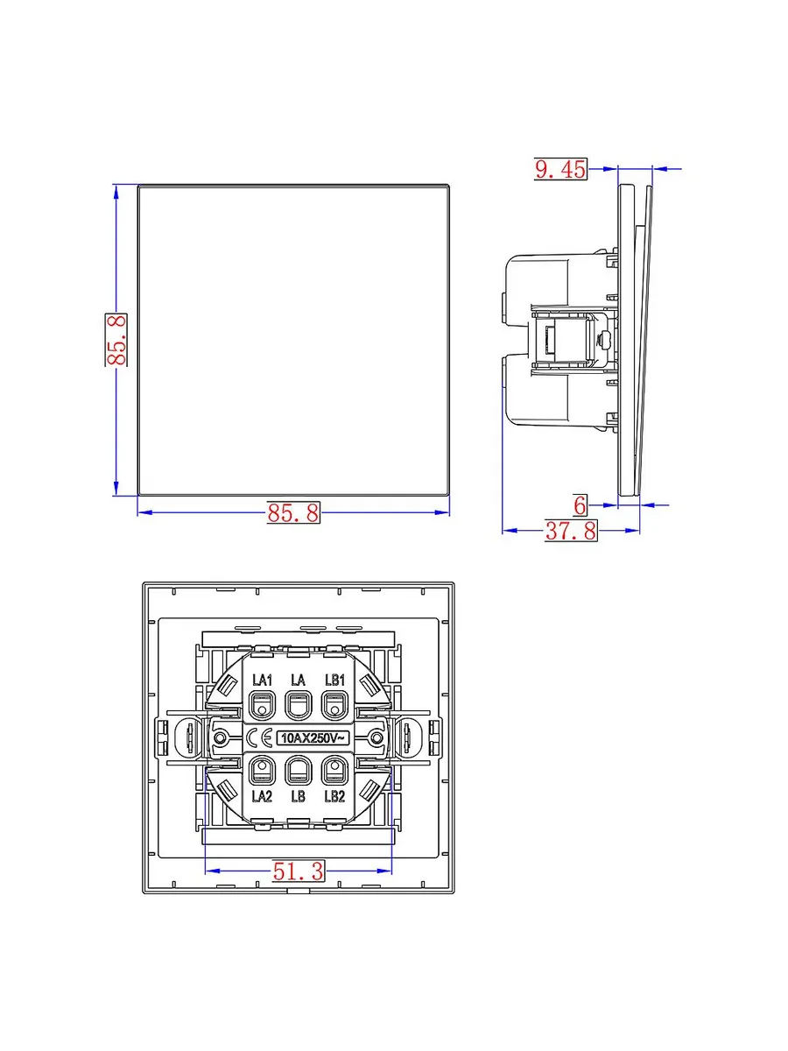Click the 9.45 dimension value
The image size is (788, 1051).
click(560, 170)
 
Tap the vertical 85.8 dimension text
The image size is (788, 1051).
click(116, 340)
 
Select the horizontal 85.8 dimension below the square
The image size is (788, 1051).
click(293, 513)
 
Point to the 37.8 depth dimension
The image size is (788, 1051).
click(571, 531)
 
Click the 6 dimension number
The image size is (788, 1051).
click(580, 505)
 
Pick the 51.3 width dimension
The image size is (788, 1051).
click(298, 871)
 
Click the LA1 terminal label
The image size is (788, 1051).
click(262, 680)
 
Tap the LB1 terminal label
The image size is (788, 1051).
click(335, 680)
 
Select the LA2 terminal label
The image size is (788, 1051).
click(262, 796)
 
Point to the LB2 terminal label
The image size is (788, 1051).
click(335, 796)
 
